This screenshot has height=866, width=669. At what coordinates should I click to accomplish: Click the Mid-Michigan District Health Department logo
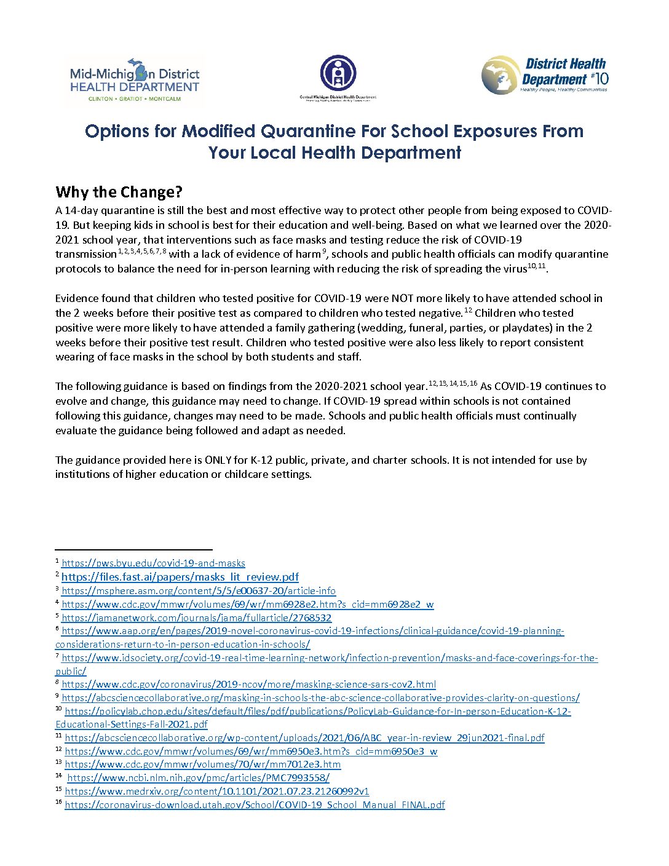click(135, 80)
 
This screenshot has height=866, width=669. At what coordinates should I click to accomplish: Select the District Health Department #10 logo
click(545, 75)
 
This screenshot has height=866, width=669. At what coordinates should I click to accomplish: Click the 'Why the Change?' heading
click(119, 192)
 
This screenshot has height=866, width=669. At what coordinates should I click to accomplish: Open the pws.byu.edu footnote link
click(153, 563)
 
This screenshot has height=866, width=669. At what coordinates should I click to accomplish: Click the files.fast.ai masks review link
click(180, 577)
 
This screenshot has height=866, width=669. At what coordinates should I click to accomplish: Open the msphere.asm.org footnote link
click(199, 590)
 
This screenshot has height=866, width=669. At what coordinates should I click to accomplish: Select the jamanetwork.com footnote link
click(196, 618)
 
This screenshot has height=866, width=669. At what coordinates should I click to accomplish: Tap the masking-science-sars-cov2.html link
click(248, 684)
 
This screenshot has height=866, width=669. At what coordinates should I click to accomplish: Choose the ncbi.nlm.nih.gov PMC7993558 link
click(198, 777)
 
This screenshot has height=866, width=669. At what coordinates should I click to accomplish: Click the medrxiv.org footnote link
click(216, 791)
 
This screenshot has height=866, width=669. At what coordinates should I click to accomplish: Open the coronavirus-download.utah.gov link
click(255, 804)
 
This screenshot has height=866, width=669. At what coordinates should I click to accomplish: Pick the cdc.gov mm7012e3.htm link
click(202, 764)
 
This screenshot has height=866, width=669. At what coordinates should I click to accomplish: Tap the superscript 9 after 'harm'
click(324, 251)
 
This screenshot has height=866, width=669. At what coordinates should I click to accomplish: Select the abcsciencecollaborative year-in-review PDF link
click(304, 737)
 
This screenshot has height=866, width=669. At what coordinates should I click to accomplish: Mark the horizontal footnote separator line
click(133, 549)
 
